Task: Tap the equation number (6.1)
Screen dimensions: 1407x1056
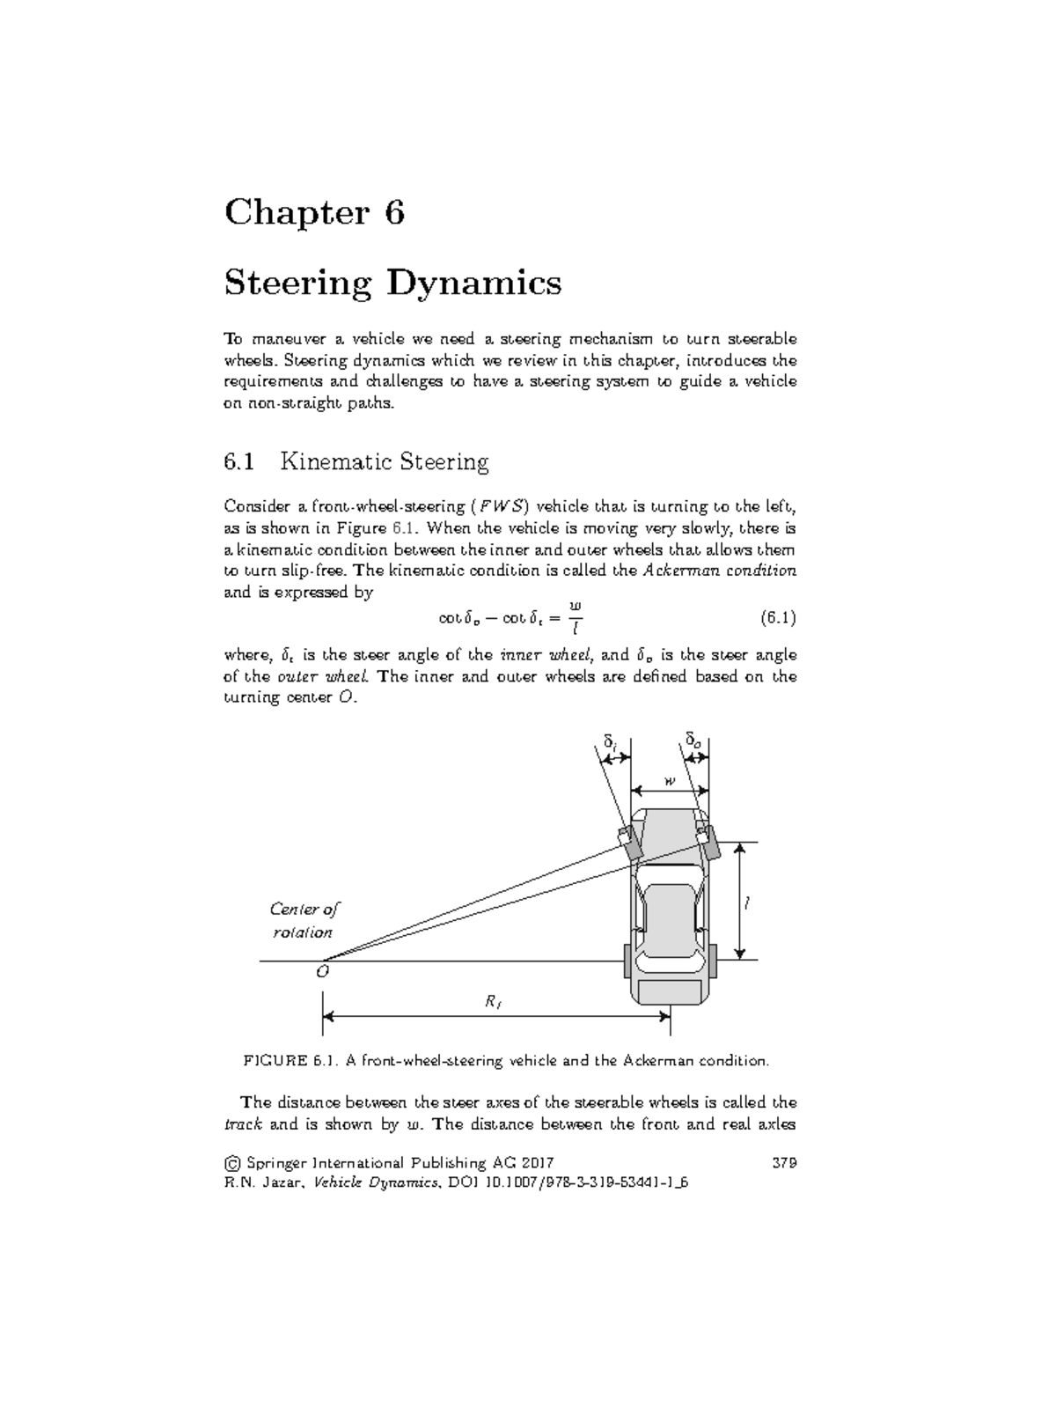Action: [778, 618]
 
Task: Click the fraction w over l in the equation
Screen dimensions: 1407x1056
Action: [576, 617]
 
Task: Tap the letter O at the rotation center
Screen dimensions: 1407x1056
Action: [322, 972]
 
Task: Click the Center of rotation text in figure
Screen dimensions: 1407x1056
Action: [304, 920]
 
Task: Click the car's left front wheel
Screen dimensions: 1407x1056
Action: [630, 843]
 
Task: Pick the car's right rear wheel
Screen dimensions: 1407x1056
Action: [711, 960]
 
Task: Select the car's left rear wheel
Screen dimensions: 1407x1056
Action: [627, 960]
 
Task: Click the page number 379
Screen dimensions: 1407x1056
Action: [784, 1162]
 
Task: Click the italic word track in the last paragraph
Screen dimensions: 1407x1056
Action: [244, 1124]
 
